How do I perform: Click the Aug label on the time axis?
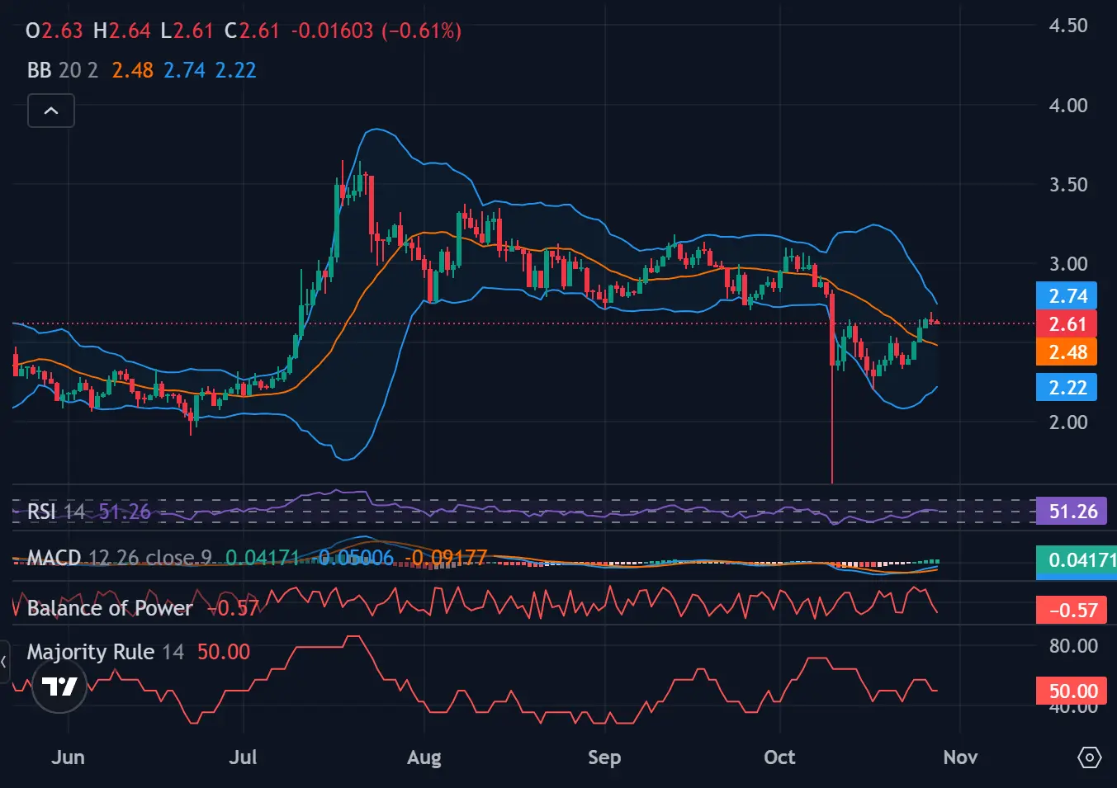(x=424, y=757)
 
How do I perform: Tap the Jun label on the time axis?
(x=68, y=757)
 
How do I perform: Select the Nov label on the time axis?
(x=960, y=757)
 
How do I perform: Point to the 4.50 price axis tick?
(x=1067, y=26)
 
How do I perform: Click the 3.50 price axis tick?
(x=1067, y=184)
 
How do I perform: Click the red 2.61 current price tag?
(x=1067, y=323)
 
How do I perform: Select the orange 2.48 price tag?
(x=1067, y=352)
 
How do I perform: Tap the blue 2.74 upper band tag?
(x=1067, y=296)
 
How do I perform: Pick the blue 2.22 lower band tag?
(x=1067, y=387)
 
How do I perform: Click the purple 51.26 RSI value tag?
(x=1072, y=512)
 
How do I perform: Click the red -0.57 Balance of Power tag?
(x=1072, y=611)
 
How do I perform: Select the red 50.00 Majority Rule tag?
(x=1072, y=691)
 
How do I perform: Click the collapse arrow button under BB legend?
(x=51, y=111)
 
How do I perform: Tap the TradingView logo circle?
(x=59, y=686)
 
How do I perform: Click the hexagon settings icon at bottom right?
(x=1089, y=757)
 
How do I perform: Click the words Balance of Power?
(x=110, y=608)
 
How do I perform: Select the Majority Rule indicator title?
(x=91, y=652)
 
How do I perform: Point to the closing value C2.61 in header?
(x=253, y=31)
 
